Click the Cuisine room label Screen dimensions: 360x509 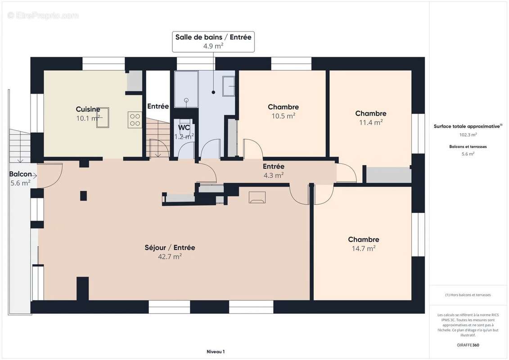coord(88,109)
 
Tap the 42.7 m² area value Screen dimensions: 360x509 coord(170,256)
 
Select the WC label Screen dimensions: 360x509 coord(184,127)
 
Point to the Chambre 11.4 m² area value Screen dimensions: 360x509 coord(370,122)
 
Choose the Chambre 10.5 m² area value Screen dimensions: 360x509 coord(283,116)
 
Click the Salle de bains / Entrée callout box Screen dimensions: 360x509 coord(213,41)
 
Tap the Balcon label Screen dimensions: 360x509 coord(20,174)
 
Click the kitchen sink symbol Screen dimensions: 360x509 coord(103,117)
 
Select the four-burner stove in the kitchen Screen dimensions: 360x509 coord(135,120)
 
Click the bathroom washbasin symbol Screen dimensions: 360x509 coord(229,85)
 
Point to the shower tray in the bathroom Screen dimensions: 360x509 coord(186,89)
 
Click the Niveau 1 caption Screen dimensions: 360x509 coord(215,352)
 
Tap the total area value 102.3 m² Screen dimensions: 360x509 coord(468,135)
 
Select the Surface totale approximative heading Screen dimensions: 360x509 coord(467,126)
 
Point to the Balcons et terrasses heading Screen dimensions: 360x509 coord(468,147)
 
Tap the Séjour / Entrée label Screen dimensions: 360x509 coord(170,247)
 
